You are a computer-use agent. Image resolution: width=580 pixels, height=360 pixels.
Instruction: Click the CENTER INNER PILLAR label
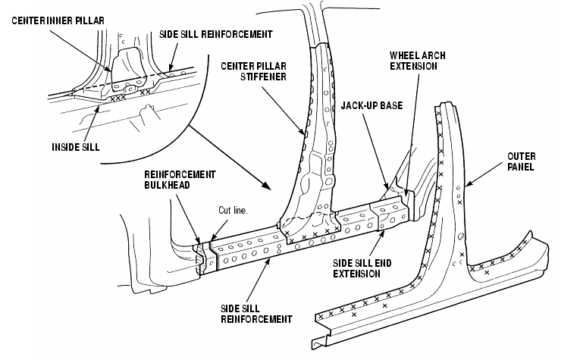(58, 20)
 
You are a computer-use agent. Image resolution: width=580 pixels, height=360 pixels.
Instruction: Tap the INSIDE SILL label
(76, 147)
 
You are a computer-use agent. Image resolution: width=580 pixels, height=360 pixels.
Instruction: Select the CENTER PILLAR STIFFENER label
(254, 71)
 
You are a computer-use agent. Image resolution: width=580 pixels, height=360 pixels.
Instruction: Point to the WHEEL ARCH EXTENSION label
(417, 61)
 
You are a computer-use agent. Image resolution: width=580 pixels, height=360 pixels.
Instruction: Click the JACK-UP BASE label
(372, 105)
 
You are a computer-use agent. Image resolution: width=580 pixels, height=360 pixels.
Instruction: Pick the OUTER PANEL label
(521, 161)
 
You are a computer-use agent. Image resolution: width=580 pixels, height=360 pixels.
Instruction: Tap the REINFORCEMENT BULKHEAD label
(180, 180)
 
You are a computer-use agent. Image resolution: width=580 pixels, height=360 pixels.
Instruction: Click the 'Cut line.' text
(233, 210)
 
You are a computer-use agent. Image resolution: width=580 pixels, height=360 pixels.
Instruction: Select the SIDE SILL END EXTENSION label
(362, 268)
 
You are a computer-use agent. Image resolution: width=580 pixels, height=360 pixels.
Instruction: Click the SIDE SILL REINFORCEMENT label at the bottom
(256, 314)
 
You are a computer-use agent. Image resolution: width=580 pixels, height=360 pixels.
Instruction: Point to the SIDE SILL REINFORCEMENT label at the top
(216, 34)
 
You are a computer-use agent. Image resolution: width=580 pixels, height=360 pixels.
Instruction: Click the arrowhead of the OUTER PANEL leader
(469, 183)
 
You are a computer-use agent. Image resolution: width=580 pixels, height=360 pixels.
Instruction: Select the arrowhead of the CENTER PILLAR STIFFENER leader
(303, 132)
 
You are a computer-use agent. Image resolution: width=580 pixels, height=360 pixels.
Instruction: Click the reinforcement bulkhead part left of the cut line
(200, 258)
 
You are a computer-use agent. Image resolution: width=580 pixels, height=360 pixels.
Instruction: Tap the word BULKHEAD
(168, 185)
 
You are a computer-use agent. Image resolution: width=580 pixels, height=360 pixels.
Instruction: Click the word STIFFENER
(263, 77)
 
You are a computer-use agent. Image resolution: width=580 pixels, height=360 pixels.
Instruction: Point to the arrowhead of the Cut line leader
(212, 240)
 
